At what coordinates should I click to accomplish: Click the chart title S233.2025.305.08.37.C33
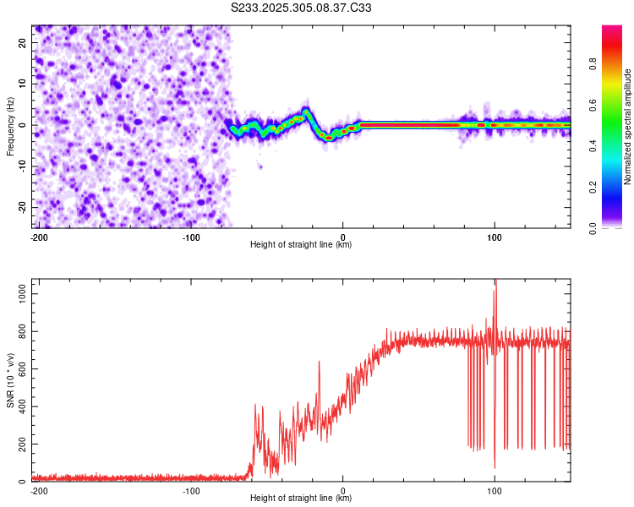(x=302, y=8)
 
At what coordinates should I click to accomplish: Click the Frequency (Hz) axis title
(x=10, y=127)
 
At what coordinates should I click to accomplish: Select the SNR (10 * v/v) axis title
(x=10, y=381)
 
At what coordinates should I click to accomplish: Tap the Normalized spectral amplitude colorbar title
(x=628, y=127)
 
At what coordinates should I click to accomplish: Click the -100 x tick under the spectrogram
(x=191, y=236)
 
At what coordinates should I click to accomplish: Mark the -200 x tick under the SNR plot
(x=39, y=490)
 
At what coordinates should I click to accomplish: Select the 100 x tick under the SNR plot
(x=495, y=490)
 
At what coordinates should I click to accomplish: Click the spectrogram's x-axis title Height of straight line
(x=301, y=245)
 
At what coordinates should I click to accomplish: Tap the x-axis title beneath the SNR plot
(x=301, y=499)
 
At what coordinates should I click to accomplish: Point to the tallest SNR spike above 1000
(x=495, y=282)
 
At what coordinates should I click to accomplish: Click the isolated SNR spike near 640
(x=320, y=363)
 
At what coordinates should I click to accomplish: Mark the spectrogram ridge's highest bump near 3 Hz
(x=306, y=111)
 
